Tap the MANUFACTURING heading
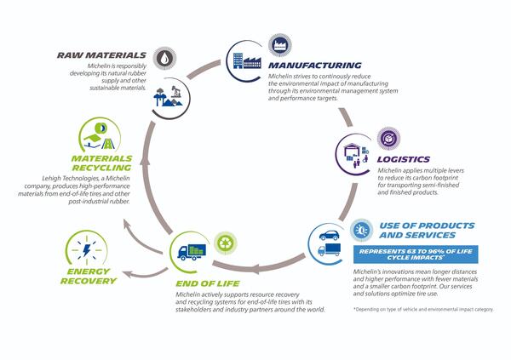314,65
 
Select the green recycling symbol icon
225,243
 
